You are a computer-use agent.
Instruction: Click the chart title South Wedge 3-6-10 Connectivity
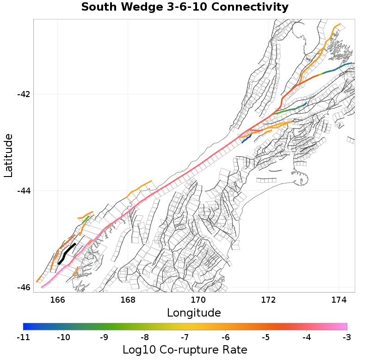(x=185, y=7)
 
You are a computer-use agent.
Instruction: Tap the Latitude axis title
(x=8, y=155)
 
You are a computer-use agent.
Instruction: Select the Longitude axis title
(x=194, y=313)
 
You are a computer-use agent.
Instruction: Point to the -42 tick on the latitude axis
(x=23, y=94)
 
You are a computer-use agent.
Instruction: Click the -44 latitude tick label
(x=23, y=190)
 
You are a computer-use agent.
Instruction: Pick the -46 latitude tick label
(x=23, y=287)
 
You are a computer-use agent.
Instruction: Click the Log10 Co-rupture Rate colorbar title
(x=185, y=350)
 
